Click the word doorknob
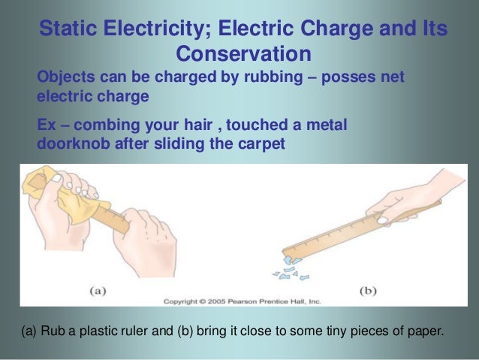pyautogui.click(x=71, y=144)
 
